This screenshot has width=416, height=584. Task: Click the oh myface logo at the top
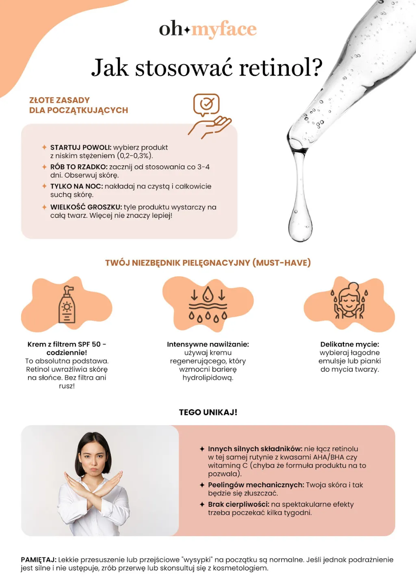(208, 29)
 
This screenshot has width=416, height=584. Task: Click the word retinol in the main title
(280, 67)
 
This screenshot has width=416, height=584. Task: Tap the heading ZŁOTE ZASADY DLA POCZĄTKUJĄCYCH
(78, 105)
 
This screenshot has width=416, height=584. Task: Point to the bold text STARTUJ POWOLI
(80, 148)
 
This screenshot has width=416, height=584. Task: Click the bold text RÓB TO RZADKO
(78, 167)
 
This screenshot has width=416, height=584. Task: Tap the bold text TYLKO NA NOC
(76, 187)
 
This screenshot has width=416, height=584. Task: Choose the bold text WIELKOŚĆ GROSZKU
(86, 207)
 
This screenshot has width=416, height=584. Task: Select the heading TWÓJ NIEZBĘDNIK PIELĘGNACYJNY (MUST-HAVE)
(208, 263)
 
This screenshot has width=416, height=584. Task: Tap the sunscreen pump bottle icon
(67, 305)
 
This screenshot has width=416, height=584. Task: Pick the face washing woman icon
(349, 303)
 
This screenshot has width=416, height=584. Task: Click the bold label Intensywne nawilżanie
(208, 344)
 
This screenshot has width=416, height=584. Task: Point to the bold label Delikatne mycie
(349, 344)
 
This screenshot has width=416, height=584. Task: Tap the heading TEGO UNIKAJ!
(208, 412)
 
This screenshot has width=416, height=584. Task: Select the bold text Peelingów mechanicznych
(256, 485)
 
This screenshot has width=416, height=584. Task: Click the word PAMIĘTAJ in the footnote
(39, 560)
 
